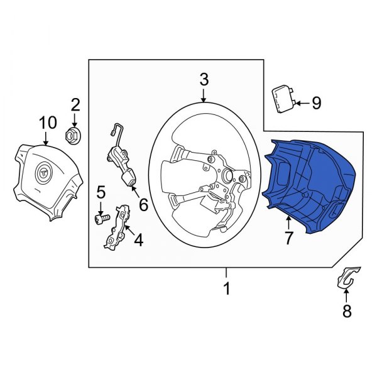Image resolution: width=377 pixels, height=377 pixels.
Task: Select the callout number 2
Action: tap(75, 104)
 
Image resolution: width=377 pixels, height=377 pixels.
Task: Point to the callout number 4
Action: tap(138, 239)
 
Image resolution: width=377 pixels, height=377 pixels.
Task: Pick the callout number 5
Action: tap(99, 192)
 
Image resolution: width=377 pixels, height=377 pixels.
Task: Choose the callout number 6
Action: tap(143, 204)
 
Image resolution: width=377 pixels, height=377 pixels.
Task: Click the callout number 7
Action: tap(288, 238)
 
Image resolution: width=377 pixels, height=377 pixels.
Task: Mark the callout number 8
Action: tap(346, 310)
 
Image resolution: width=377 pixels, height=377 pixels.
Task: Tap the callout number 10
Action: tap(48, 122)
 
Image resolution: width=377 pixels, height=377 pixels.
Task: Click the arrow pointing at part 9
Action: tap(300, 102)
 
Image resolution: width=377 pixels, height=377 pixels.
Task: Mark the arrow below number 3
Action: tap(204, 95)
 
